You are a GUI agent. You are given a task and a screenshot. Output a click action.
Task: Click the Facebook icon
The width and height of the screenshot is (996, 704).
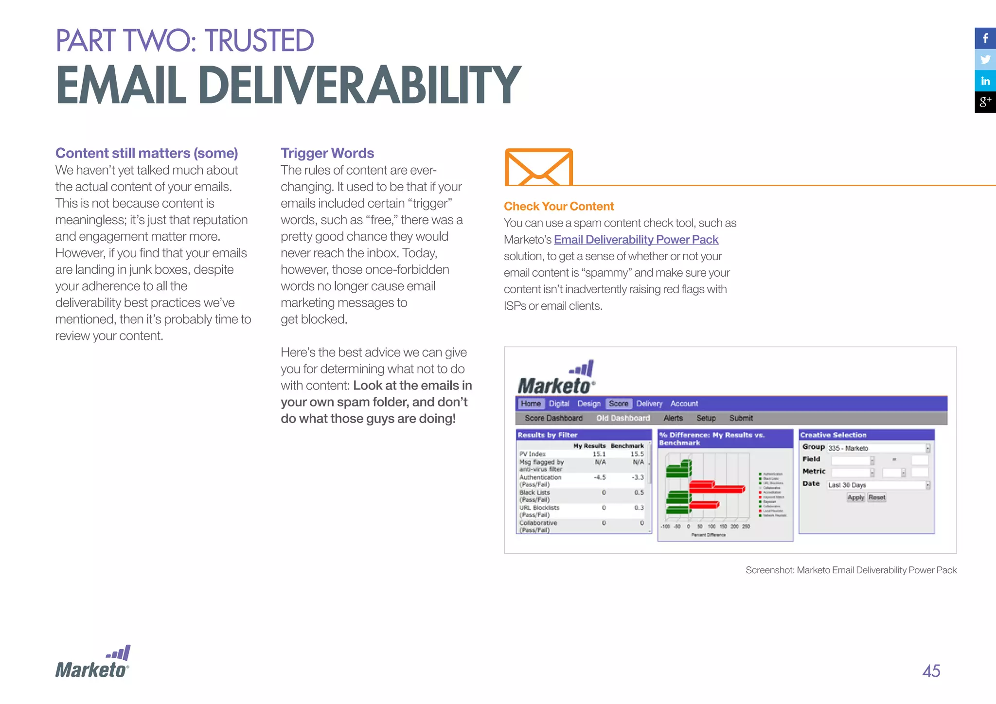[985, 38]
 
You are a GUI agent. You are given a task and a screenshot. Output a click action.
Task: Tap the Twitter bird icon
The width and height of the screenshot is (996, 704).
[985, 60]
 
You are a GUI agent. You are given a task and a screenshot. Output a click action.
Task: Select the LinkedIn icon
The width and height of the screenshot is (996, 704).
[985, 81]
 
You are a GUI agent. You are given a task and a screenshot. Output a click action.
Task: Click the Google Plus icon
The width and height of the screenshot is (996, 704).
[985, 102]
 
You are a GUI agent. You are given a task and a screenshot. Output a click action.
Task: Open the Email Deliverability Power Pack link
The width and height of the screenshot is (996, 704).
[636, 240]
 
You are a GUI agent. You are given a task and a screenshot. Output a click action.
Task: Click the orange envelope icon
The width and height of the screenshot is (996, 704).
[539, 167]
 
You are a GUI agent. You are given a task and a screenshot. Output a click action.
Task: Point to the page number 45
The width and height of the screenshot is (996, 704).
[931, 671]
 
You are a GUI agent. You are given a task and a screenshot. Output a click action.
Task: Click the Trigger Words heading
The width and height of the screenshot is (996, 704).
[327, 153]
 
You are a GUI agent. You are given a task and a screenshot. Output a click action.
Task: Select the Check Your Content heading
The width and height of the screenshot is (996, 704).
[559, 206]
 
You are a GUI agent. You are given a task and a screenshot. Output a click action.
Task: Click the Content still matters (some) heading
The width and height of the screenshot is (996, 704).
[146, 153]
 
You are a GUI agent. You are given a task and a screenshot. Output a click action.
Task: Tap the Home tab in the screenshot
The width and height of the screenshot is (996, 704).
[531, 404]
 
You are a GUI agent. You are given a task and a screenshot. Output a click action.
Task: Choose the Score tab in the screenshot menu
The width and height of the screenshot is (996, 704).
[618, 404]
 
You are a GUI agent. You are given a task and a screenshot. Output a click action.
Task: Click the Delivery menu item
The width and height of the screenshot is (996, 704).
[649, 404]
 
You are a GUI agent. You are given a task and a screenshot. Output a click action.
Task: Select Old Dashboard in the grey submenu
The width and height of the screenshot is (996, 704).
[622, 418]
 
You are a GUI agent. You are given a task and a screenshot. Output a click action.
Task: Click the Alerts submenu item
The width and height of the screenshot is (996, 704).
[673, 418]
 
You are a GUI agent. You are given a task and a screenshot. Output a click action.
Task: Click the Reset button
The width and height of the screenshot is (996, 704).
[877, 497]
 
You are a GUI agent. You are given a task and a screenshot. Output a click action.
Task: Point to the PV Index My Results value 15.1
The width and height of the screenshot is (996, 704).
[599, 454]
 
